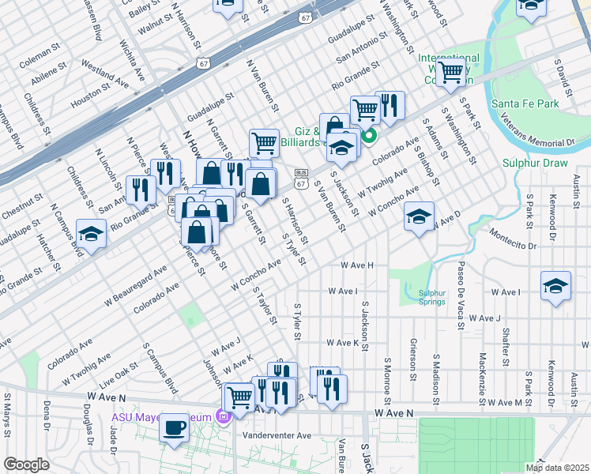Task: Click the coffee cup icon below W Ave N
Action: coord(174,428)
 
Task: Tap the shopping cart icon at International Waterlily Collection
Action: coord(450,72)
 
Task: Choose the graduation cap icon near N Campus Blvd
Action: coord(91,234)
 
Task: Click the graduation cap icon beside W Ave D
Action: coord(419,216)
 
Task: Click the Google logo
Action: coord(26,465)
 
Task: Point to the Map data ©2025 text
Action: coord(557,468)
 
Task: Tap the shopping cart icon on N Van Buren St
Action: coord(264,143)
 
